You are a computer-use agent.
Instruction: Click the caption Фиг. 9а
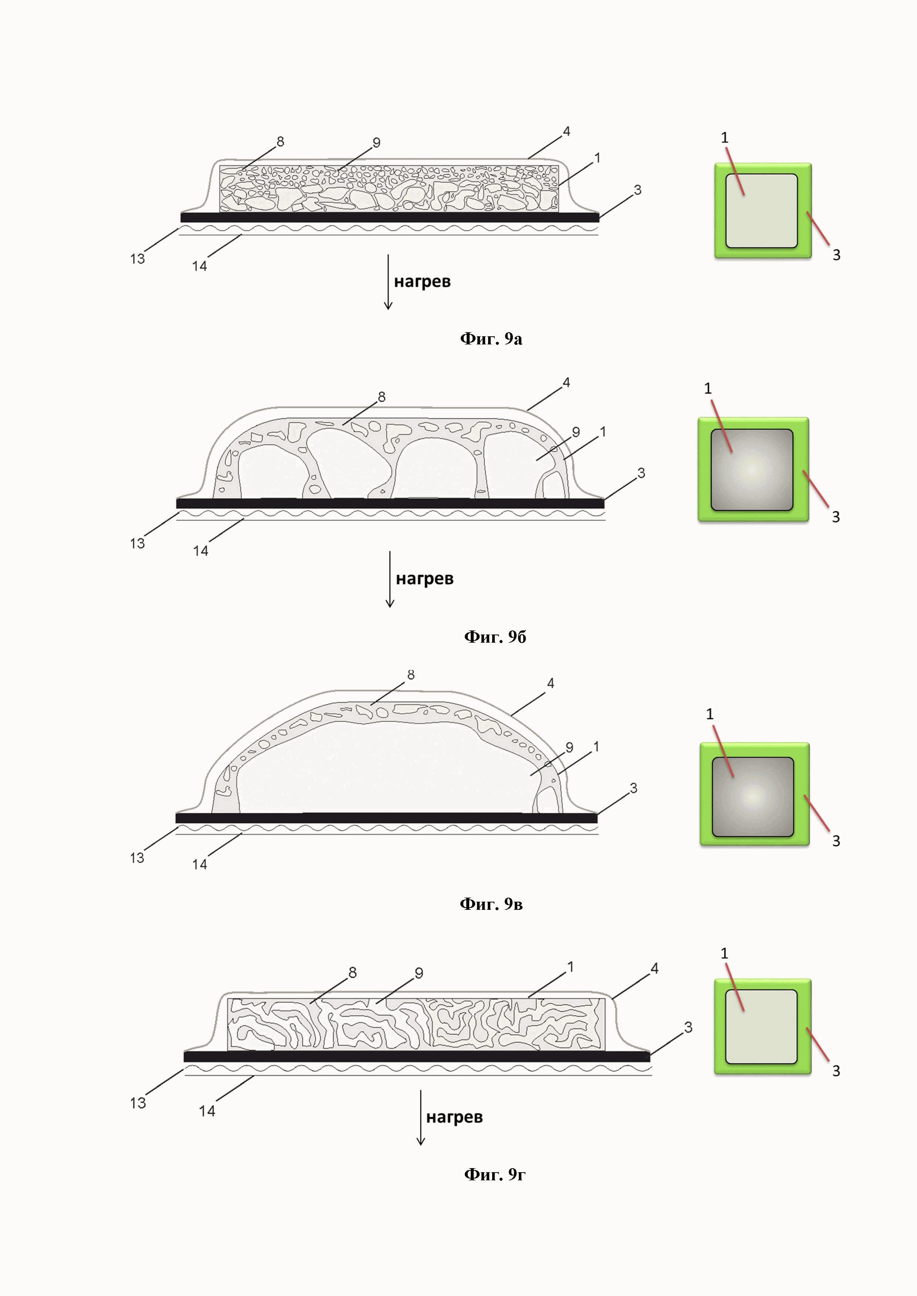[x=491, y=339]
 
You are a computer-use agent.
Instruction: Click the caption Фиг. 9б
[x=495, y=637]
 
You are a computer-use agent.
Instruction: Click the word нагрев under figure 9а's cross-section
[x=422, y=282]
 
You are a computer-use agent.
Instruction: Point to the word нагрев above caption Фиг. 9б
[x=424, y=579]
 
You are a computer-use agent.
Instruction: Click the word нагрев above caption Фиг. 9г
[x=454, y=1117]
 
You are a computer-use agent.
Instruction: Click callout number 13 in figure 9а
[x=137, y=259]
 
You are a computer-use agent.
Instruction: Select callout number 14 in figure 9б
[x=200, y=551]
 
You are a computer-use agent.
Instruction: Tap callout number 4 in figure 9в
[x=551, y=684]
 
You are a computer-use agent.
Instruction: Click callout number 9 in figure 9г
[x=419, y=973]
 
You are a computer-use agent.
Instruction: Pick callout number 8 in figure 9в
[x=410, y=675]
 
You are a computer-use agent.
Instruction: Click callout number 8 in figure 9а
[x=280, y=141]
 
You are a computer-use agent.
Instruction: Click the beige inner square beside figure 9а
[x=761, y=211]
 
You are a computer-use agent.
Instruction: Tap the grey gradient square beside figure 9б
[x=752, y=470]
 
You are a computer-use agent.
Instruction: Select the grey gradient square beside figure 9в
[x=753, y=796]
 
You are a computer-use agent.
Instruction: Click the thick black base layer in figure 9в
[x=386, y=818]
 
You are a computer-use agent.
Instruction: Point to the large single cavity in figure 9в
[x=384, y=768]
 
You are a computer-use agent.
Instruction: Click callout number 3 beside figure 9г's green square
[x=836, y=1071]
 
